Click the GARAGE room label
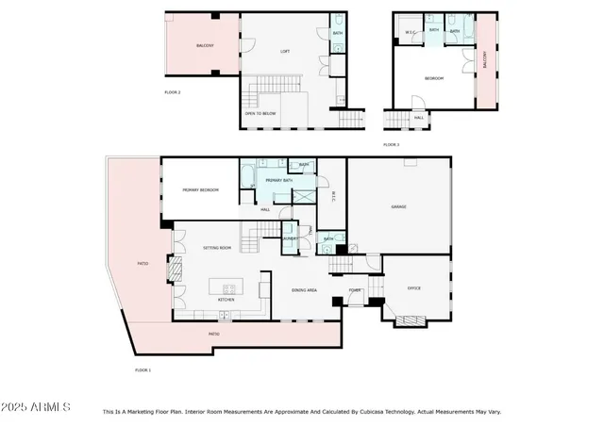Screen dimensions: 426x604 tap(398, 206)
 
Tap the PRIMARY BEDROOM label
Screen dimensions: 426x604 tap(200, 190)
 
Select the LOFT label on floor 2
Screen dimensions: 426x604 tap(284, 51)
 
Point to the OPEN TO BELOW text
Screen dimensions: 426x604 tap(260, 114)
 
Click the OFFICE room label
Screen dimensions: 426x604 tap(413, 287)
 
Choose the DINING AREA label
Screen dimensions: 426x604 tap(304, 290)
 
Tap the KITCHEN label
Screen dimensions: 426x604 tap(226, 300)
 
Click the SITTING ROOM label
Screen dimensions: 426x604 tap(217, 248)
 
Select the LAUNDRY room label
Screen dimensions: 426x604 tap(291, 239)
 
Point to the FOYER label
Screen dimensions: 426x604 tap(355, 290)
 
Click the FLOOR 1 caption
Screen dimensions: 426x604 tap(143, 370)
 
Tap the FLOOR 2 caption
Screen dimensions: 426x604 tap(173, 92)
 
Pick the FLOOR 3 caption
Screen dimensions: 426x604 tap(392, 144)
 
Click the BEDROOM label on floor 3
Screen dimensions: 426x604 tap(434, 78)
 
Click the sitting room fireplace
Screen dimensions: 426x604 tap(173, 271)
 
